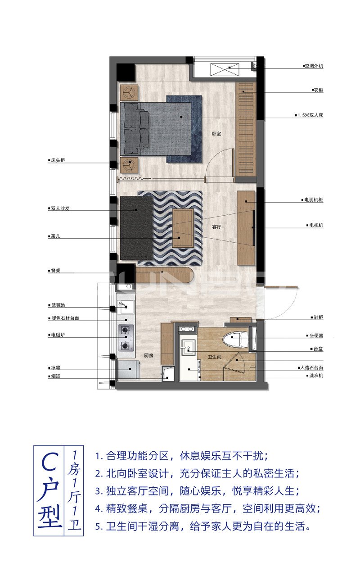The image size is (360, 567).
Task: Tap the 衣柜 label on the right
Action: (x=319, y=91)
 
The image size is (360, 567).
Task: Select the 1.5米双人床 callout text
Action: (x=310, y=115)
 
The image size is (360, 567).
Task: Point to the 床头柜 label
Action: (x=58, y=160)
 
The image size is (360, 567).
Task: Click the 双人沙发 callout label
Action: (x=60, y=209)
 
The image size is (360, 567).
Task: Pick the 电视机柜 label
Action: (x=312, y=200)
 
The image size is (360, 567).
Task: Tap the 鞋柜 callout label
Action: (x=318, y=318)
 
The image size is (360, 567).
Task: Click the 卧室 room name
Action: (x=216, y=134)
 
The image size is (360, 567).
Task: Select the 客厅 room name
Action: (x=216, y=227)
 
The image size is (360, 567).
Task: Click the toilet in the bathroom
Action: (x=237, y=339)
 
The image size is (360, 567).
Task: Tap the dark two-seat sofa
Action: (x=136, y=228)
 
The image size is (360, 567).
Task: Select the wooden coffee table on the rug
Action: (x=183, y=228)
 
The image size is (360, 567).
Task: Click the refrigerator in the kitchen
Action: (x=128, y=370)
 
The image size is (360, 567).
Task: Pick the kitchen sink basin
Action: (x=126, y=308)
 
